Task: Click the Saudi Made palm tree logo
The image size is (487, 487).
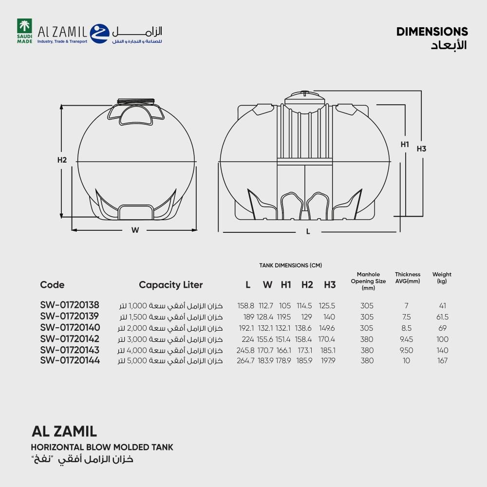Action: click(x=24, y=31)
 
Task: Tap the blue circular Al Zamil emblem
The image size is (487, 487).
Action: click(x=100, y=34)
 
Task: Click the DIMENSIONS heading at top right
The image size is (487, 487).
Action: click(x=432, y=32)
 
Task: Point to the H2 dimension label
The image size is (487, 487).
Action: click(x=62, y=160)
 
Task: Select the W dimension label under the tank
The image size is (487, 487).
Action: click(x=135, y=230)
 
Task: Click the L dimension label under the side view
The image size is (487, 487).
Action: click(x=308, y=231)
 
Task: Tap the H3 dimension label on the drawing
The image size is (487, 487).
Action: click(x=421, y=149)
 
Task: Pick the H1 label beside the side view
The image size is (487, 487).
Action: click(x=405, y=145)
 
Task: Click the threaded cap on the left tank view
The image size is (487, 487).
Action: click(x=136, y=102)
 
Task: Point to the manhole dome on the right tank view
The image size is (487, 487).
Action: click(x=305, y=99)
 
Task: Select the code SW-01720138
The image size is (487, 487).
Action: click(x=70, y=305)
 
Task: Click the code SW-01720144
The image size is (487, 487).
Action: click(x=70, y=360)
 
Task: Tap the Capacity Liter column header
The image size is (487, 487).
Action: click(x=171, y=285)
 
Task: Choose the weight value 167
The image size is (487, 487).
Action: click(x=442, y=360)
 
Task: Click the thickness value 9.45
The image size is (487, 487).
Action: click(x=406, y=339)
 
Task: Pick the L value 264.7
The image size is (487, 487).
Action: click(x=245, y=360)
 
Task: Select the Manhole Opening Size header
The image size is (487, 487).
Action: click(x=368, y=281)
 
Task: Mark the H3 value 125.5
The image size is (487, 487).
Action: click(x=327, y=306)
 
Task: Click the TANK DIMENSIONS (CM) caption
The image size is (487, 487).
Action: click(x=290, y=265)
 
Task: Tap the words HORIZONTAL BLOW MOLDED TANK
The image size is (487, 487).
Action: click(x=102, y=447)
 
